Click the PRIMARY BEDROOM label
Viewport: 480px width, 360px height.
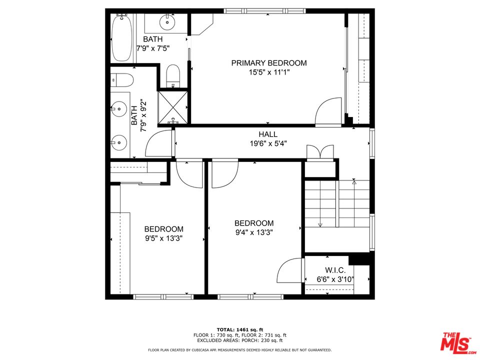268,63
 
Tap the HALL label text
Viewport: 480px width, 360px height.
268,134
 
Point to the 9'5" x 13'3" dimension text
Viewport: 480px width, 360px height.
163,238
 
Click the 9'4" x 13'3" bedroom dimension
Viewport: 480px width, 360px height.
254,232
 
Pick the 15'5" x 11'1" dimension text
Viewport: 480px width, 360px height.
268,72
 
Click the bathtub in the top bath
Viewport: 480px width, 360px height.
122,38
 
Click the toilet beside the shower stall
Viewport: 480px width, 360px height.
173,75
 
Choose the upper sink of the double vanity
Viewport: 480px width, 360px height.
119,107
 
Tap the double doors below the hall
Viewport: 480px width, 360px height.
320,151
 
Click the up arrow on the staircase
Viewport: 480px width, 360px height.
354,182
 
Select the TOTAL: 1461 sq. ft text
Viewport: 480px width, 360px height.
239,330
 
